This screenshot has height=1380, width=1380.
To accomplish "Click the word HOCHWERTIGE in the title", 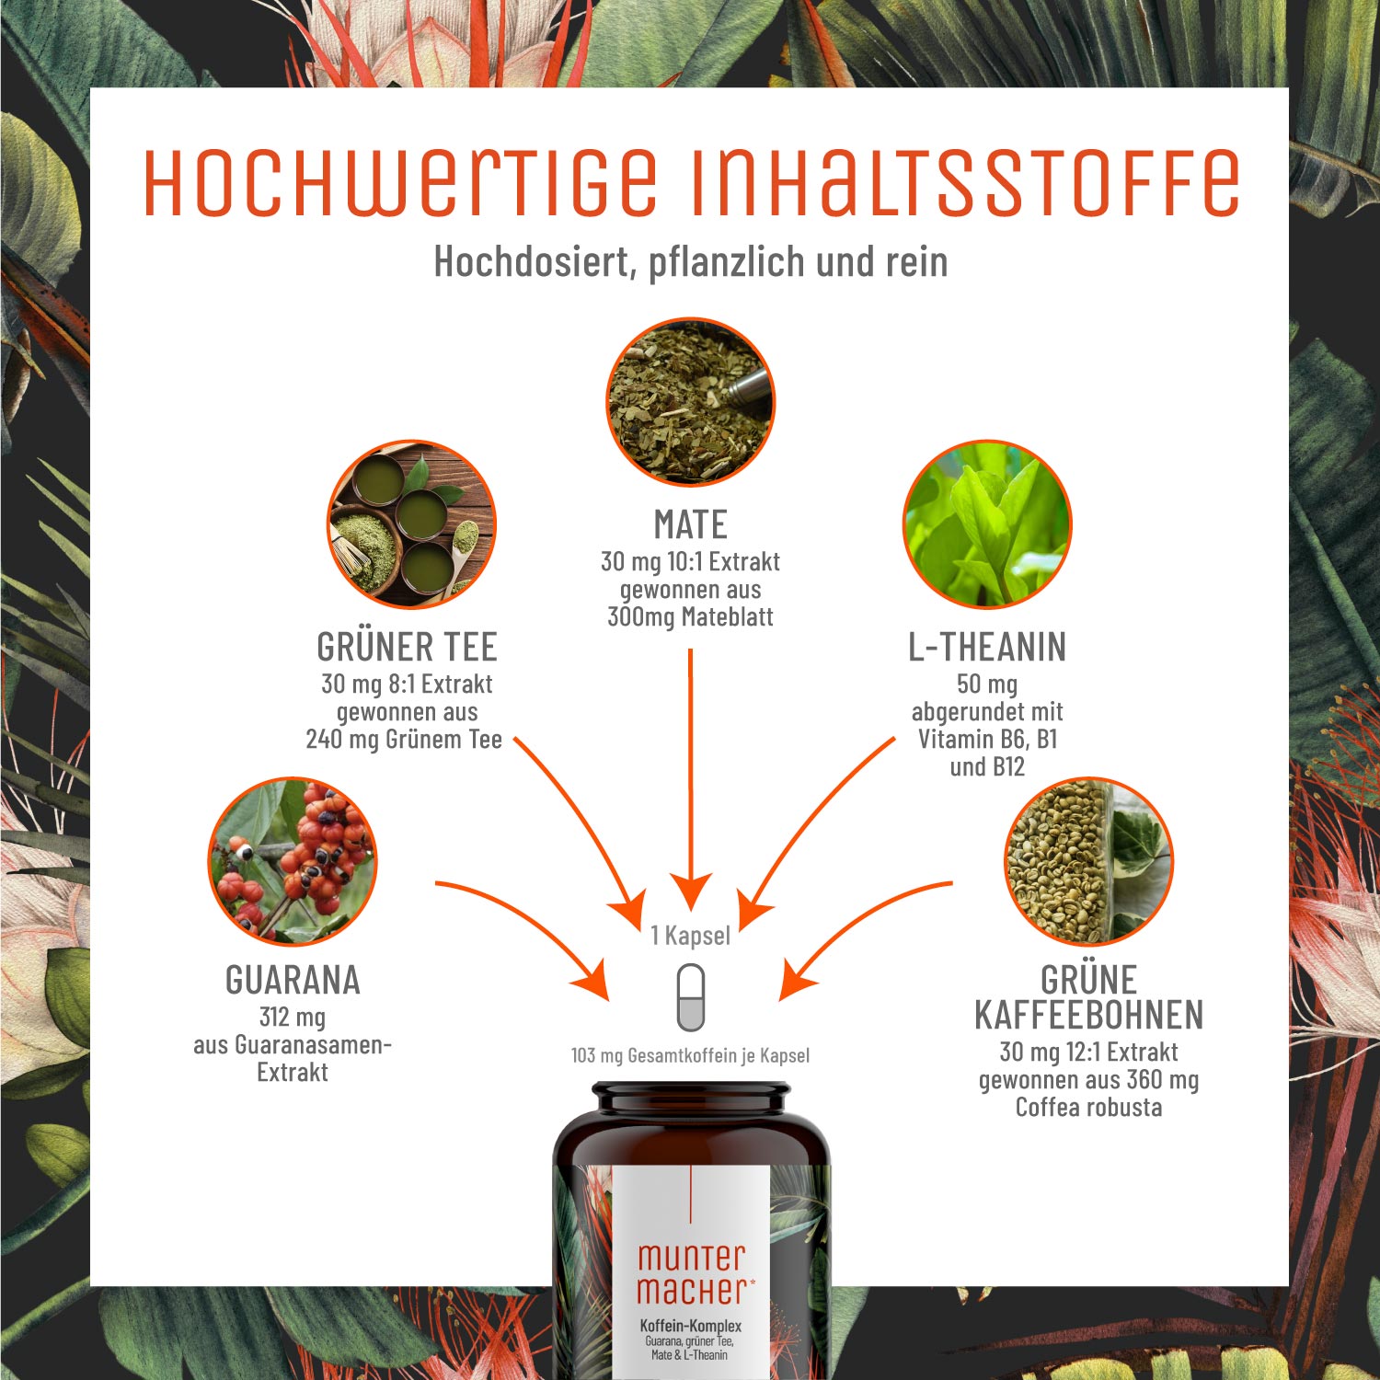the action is (401, 181).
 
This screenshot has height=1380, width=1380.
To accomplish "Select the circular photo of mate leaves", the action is (690, 402).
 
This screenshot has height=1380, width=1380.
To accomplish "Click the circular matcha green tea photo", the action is (411, 524).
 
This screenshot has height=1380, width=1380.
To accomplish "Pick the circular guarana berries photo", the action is (293, 861).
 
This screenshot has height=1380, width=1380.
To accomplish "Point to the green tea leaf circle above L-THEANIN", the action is (987, 524).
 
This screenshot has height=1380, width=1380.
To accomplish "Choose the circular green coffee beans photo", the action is (1088, 861).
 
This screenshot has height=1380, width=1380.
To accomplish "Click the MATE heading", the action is (690, 525).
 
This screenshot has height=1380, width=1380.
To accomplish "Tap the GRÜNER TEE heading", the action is (407, 648).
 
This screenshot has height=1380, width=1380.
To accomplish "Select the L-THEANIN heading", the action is (987, 648).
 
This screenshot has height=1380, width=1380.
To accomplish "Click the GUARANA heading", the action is (293, 981).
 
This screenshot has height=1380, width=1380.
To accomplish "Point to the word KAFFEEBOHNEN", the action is (1088, 1016).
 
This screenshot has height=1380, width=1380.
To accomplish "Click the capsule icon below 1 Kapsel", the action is (690, 998).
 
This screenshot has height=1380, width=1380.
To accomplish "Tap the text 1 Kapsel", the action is (690, 936).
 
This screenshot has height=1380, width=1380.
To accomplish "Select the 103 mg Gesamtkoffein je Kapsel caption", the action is (690, 1055).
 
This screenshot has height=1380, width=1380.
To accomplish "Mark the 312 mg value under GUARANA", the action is (293, 1018).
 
